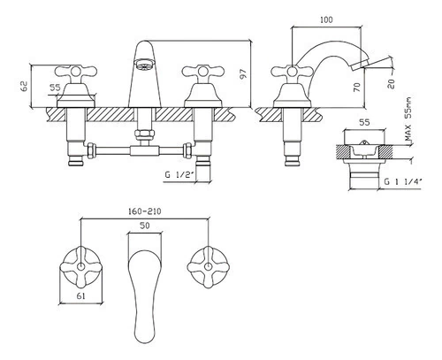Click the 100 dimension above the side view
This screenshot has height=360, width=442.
click(x=326, y=20)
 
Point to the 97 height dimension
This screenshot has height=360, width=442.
click(x=243, y=73)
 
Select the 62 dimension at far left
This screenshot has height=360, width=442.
click(x=24, y=86)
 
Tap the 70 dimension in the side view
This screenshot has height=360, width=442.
click(x=357, y=88)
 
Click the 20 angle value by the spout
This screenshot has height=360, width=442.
click(x=391, y=84)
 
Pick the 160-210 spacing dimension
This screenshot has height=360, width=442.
click(x=144, y=211)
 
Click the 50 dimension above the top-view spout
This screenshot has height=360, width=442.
click(x=144, y=226)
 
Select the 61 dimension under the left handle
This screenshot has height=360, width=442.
click(x=80, y=295)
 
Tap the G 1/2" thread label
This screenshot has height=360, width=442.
click(x=179, y=175)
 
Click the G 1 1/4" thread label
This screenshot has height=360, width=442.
click(x=403, y=181)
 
